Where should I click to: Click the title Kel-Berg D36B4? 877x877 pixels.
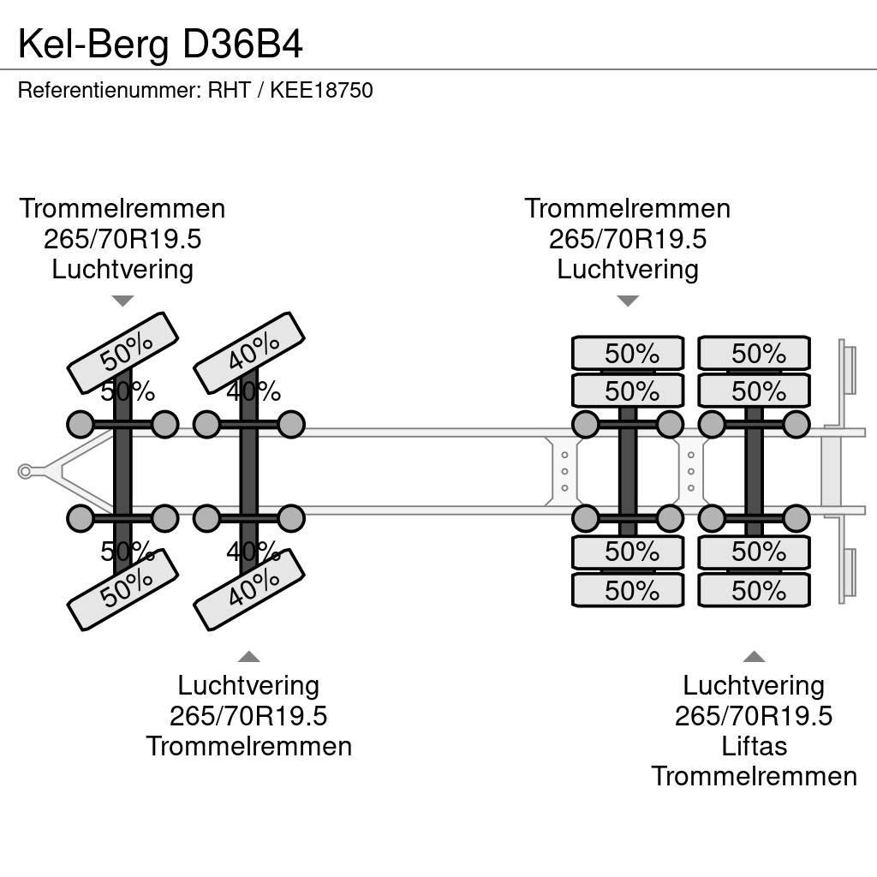click(160, 45)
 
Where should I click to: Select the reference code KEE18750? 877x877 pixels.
click(321, 91)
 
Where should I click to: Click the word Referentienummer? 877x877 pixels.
click(107, 91)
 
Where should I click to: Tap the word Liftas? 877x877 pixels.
click(754, 746)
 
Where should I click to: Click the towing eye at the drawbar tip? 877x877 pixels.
click(25, 471)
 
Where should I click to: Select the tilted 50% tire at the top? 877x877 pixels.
click(122, 352)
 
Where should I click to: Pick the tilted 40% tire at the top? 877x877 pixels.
click(249, 352)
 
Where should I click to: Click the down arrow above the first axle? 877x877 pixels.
click(122, 301)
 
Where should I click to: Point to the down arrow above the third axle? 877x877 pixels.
click(628, 301)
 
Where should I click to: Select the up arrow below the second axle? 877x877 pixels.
click(248, 657)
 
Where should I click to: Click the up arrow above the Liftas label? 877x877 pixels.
click(754, 657)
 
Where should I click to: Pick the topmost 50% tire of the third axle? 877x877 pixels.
click(628, 354)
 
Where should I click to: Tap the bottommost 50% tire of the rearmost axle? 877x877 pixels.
click(754, 590)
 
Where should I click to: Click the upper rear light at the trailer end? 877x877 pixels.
click(848, 367)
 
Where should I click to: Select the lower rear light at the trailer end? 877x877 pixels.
click(848, 575)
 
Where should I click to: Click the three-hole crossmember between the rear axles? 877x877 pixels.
click(691, 472)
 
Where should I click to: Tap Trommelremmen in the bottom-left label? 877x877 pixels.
click(248, 746)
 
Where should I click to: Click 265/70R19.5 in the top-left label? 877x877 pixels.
click(122, 239)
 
